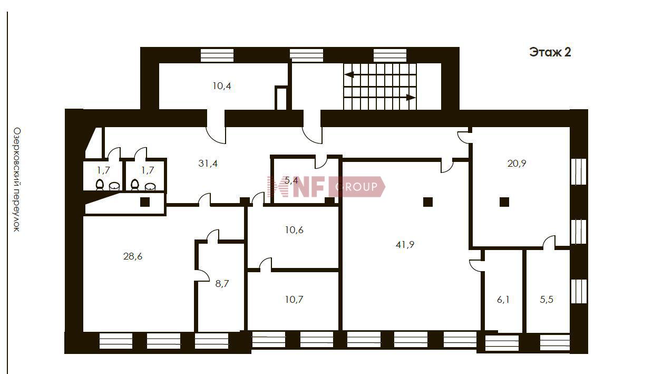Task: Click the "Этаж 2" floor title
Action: coord(550,53)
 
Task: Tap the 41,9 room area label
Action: coord(405,244)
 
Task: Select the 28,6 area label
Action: coord(133,256)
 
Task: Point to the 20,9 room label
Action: coord(516,164)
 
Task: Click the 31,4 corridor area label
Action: coord(208,164)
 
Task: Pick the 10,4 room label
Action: coord(221,86)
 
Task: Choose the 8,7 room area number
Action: coord(222,284)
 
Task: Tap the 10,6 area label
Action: coord(294,230)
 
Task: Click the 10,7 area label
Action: coord(294,300)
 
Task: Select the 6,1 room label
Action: coord(503,300)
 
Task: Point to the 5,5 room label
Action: coord(547,300)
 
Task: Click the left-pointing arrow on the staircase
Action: coord(380,75)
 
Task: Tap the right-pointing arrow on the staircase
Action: coord(380,98)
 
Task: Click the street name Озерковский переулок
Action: coord(17,179)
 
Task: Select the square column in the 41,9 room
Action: coord(427,202)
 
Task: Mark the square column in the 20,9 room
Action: coord(504,202)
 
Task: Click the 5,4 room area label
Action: coord(291,181)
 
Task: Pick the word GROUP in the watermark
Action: coord(356,187)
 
